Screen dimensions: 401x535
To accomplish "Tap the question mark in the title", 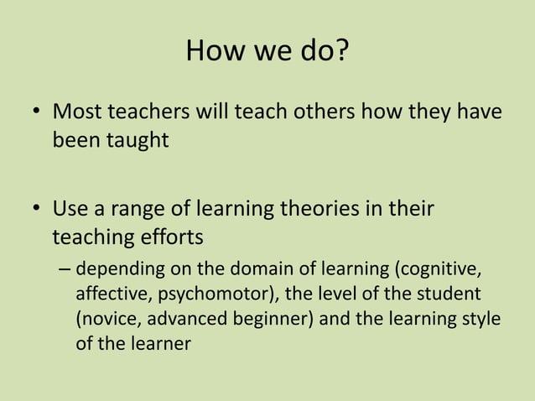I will coord(341,52).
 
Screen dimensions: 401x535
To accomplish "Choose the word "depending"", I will coord(115,271).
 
